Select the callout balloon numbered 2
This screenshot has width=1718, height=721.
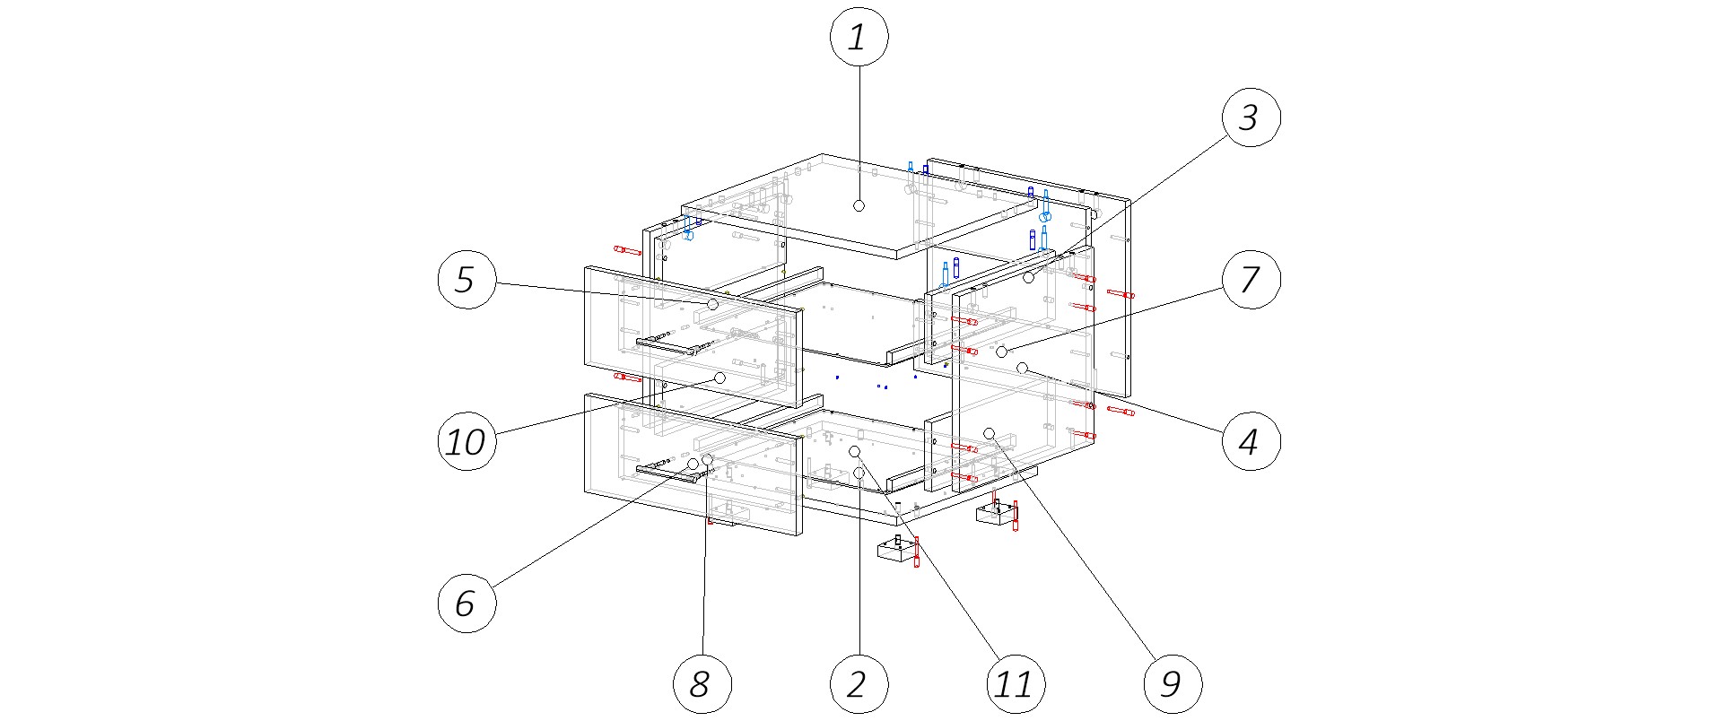[859, 684]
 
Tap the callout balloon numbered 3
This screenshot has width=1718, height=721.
[1251, 117]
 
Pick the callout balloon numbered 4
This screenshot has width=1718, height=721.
[1251, 441]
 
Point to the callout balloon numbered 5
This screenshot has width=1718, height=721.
[467, 280]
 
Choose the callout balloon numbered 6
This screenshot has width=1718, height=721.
[467, 603]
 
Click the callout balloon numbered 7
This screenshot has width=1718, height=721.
[1251, 280]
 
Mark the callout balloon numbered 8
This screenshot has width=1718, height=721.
[702, 684]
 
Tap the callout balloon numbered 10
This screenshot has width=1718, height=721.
[467, 441]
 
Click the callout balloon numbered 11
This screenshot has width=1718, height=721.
[1015, 684]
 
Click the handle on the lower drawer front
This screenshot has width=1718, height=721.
[667, 473]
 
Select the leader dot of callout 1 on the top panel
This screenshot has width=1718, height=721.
[859, 205]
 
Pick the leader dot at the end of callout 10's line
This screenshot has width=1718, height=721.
[719, 378]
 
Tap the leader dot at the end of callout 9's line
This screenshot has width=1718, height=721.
[990, 433]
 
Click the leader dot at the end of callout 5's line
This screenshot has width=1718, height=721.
[712, 305]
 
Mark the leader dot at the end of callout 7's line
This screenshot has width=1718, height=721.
[1001, 352]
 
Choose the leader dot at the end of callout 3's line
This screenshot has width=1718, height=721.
[1029, 278]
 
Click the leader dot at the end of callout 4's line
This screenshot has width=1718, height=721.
[1021, 367]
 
